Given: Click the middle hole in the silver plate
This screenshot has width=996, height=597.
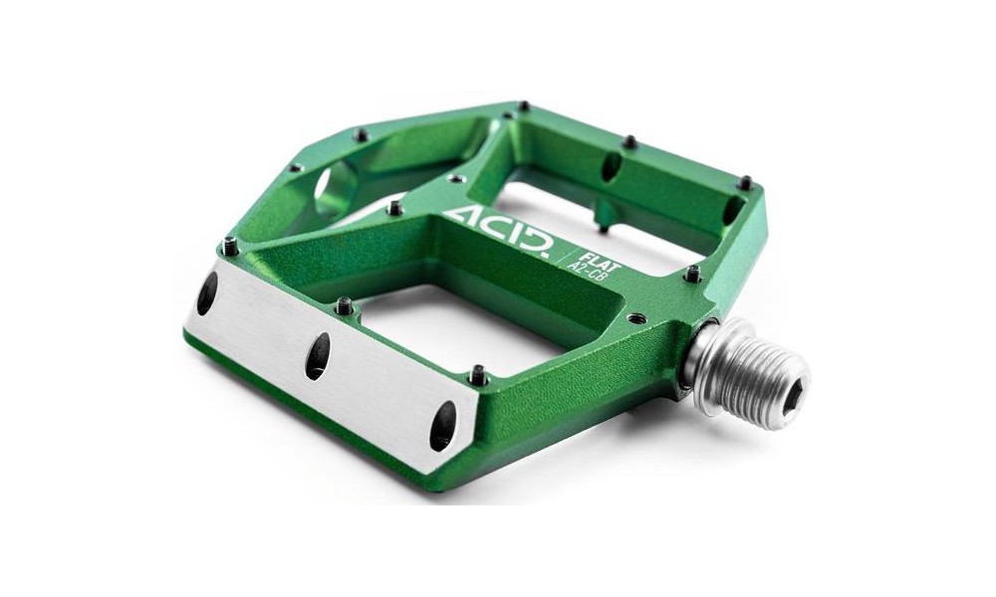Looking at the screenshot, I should click(318, 355).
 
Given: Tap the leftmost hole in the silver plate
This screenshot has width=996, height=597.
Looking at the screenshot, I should click(208, 294).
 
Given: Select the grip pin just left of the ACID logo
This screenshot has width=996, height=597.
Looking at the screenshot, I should click(395, 207).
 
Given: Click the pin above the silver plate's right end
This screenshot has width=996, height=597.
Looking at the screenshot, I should click(478, 373).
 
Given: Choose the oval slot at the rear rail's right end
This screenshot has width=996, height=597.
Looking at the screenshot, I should click(734, 210).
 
